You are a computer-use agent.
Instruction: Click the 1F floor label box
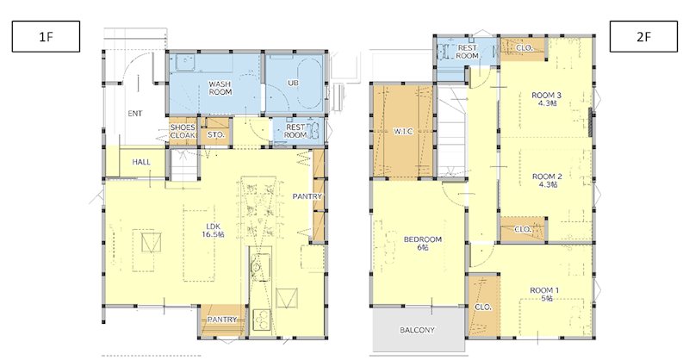pyautogui.click(x=46, y=36)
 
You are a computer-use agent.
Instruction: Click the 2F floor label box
pyautogui.click(x=643, y=36)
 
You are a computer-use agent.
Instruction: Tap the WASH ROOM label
pyautogui.click(x=220, y=88)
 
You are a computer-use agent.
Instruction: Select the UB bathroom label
pyautogui.click(x=293, y=83)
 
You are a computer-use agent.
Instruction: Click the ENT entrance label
pyautogui.click(x=135, y=114)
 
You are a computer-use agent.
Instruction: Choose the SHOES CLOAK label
pyautogui.click(x=183, y=132)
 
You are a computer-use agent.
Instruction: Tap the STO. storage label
pyautogui.click(x=216, y=135)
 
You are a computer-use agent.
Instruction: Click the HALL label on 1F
pyautogui.click(x=141, y=162)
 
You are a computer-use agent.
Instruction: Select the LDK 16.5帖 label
pyautogui.click(x=213, y=231)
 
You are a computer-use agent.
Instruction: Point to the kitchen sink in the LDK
pyautogui.click(x=260, y=266)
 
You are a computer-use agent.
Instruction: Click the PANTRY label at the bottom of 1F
pyautogui.click(x=222, y=320)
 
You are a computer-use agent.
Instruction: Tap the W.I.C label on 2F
pyautogui.click(x=403, y=131)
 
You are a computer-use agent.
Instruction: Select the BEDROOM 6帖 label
pyautogui.click(x=423, y=244)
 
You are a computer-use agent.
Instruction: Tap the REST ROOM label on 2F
pyautogui.click(x=467, y=52)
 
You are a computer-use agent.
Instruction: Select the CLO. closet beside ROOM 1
pyautogui.click(x=483, y=307)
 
